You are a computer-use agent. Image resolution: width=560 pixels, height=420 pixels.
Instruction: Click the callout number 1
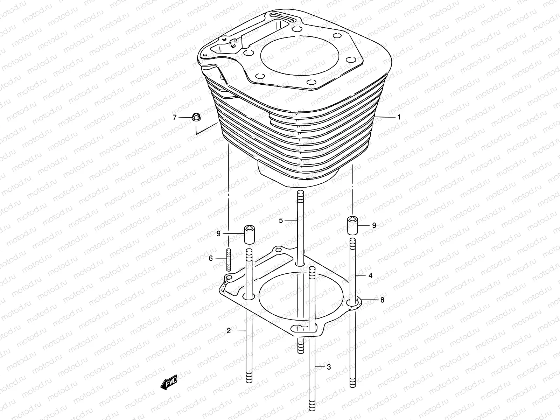398,117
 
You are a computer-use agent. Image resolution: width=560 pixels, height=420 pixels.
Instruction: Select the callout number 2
229,330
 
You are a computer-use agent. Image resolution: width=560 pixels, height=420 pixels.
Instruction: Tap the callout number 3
329,367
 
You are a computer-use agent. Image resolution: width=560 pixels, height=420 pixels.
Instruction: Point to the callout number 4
370,275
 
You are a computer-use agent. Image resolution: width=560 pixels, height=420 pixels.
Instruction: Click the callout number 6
211,259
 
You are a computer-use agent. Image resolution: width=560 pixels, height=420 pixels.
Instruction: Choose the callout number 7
175,118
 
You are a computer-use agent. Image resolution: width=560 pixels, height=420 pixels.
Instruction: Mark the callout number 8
382,300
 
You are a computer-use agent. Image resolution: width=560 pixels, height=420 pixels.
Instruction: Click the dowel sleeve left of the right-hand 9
352,225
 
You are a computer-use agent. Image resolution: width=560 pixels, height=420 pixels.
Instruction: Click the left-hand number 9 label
218,233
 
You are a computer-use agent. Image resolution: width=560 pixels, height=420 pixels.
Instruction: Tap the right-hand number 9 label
374,225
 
